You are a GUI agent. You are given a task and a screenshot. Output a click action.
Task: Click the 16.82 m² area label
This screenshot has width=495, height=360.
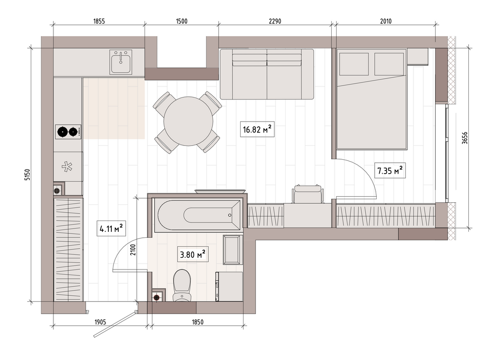click(x=257, y=129)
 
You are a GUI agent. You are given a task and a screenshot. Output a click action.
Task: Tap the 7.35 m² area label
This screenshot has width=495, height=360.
click(x=390, y=171)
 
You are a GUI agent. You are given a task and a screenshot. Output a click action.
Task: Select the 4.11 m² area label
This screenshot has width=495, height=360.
click(x=111, y=228)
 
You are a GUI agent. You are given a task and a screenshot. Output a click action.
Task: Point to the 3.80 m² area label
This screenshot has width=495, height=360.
click(x=193, y=254)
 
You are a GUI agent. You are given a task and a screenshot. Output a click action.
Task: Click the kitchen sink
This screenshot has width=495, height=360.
click(x=121, y=62)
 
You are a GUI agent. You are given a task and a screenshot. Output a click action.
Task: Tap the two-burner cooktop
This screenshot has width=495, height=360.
click(x=68, y=132)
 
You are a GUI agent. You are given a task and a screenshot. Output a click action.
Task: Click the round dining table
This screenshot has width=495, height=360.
click(x=189, y=121)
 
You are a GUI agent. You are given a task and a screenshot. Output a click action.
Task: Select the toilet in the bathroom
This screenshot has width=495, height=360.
click(x=182, y=285)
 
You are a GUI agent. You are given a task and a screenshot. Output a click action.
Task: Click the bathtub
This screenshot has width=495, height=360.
click(x=198, y=215)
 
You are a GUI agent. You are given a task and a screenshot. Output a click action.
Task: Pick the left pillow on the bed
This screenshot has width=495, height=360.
click(x=354, y=64)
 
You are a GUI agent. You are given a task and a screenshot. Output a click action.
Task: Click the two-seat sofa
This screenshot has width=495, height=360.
click(x=267, y=74)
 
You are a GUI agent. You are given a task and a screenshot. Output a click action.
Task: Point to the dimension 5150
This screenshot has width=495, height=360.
click(x=27, y=175)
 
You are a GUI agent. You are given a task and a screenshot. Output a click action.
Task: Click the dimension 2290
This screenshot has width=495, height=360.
click(x=275, y=21)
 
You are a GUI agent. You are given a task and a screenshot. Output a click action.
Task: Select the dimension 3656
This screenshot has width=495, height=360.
click(x=465, y=138)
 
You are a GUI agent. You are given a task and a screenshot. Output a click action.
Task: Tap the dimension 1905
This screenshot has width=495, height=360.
click(x=100, y=322)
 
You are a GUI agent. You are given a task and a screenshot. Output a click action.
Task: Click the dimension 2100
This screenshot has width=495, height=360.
click(x=133, y=250)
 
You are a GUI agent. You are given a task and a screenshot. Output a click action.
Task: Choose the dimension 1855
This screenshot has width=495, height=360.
click(x=99, y=21)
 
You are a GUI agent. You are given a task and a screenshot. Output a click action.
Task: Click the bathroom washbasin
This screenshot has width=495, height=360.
click(x=232, y=249)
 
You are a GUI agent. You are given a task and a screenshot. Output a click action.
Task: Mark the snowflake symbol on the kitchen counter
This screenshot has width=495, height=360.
click(x=67, y=167)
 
